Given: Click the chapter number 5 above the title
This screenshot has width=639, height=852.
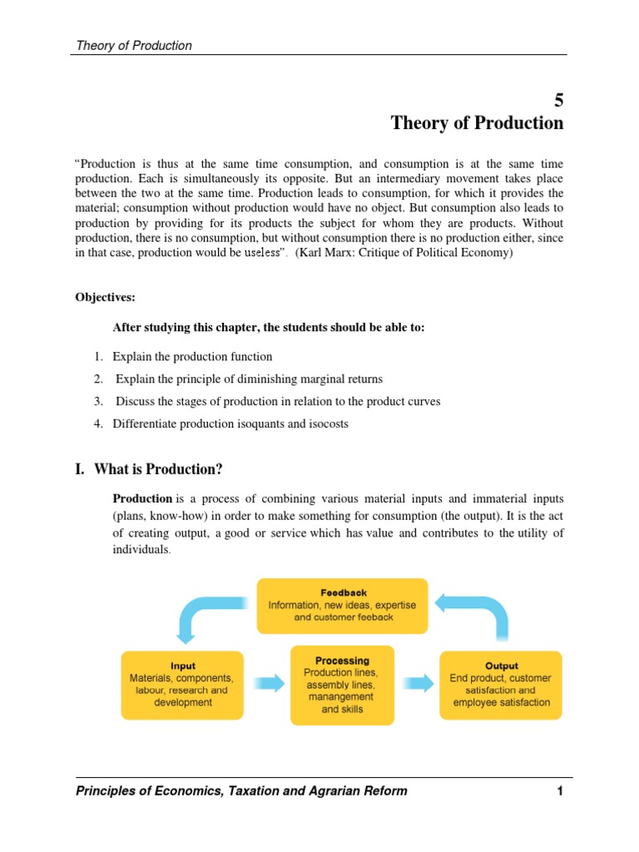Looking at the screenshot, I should (x=558, y=100).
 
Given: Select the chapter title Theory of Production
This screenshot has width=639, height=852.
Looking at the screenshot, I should (x=477, y=123).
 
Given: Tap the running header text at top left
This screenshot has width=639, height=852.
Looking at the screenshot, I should (x=133, y=46).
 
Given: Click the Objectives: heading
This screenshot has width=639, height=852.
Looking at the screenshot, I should (x=105, y=297).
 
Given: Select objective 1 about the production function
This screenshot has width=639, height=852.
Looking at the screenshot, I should (x=192, y=356).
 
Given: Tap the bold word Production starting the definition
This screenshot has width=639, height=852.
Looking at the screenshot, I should (x=141, y=498).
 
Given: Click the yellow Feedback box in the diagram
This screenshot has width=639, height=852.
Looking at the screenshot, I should (x=342, y=606).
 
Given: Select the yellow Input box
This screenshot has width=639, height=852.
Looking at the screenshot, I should (x=183, y=684).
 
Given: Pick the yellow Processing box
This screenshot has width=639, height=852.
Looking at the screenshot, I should (x=342, y=685).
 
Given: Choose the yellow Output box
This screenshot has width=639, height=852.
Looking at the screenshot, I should (x=501, y=684).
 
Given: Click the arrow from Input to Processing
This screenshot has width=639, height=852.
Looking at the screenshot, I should (x=267, y=683).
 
